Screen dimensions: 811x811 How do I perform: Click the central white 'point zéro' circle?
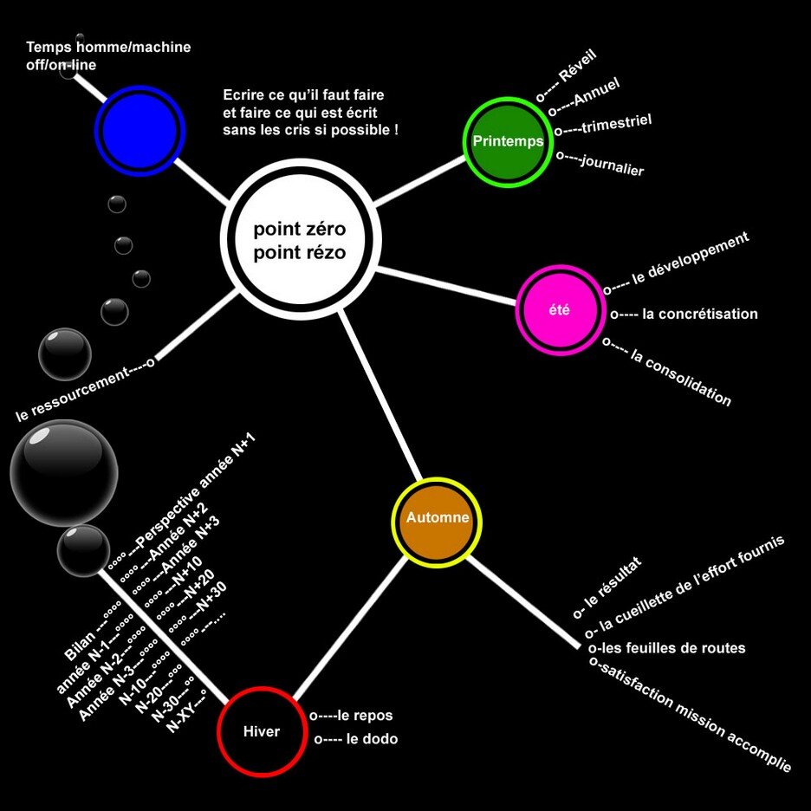pyautogui.click(x=299, y=241)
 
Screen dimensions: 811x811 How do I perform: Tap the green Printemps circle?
pyautogui.click(x=509, y=141)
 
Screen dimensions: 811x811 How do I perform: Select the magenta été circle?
pyautogui.click(x=560, y=309)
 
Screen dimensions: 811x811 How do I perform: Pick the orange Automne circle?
pyautogui.click(x=438, y=519)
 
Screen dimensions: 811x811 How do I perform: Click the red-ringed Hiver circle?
pyautogui.click(x=261, y=731)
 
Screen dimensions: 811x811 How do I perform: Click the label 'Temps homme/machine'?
pyautogui.click(x=108, y=47)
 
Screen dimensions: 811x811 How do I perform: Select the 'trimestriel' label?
pyautogui.click(x=616, y=124)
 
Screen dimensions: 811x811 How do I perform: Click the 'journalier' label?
pyautogui.click(x=612, y=165)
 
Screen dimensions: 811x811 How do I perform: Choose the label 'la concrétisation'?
pyautogui.click(x=700, y=314)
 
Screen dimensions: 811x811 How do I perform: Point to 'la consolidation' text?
pyautogui.click(x=681, y=378)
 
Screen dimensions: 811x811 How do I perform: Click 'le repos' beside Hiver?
pyautogui.click(x=365, y=716)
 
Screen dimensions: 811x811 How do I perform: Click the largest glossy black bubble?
pyautogui.click(x=63, y=472)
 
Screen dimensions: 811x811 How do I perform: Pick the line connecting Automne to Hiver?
pyautogui.click(x=350, y=626)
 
